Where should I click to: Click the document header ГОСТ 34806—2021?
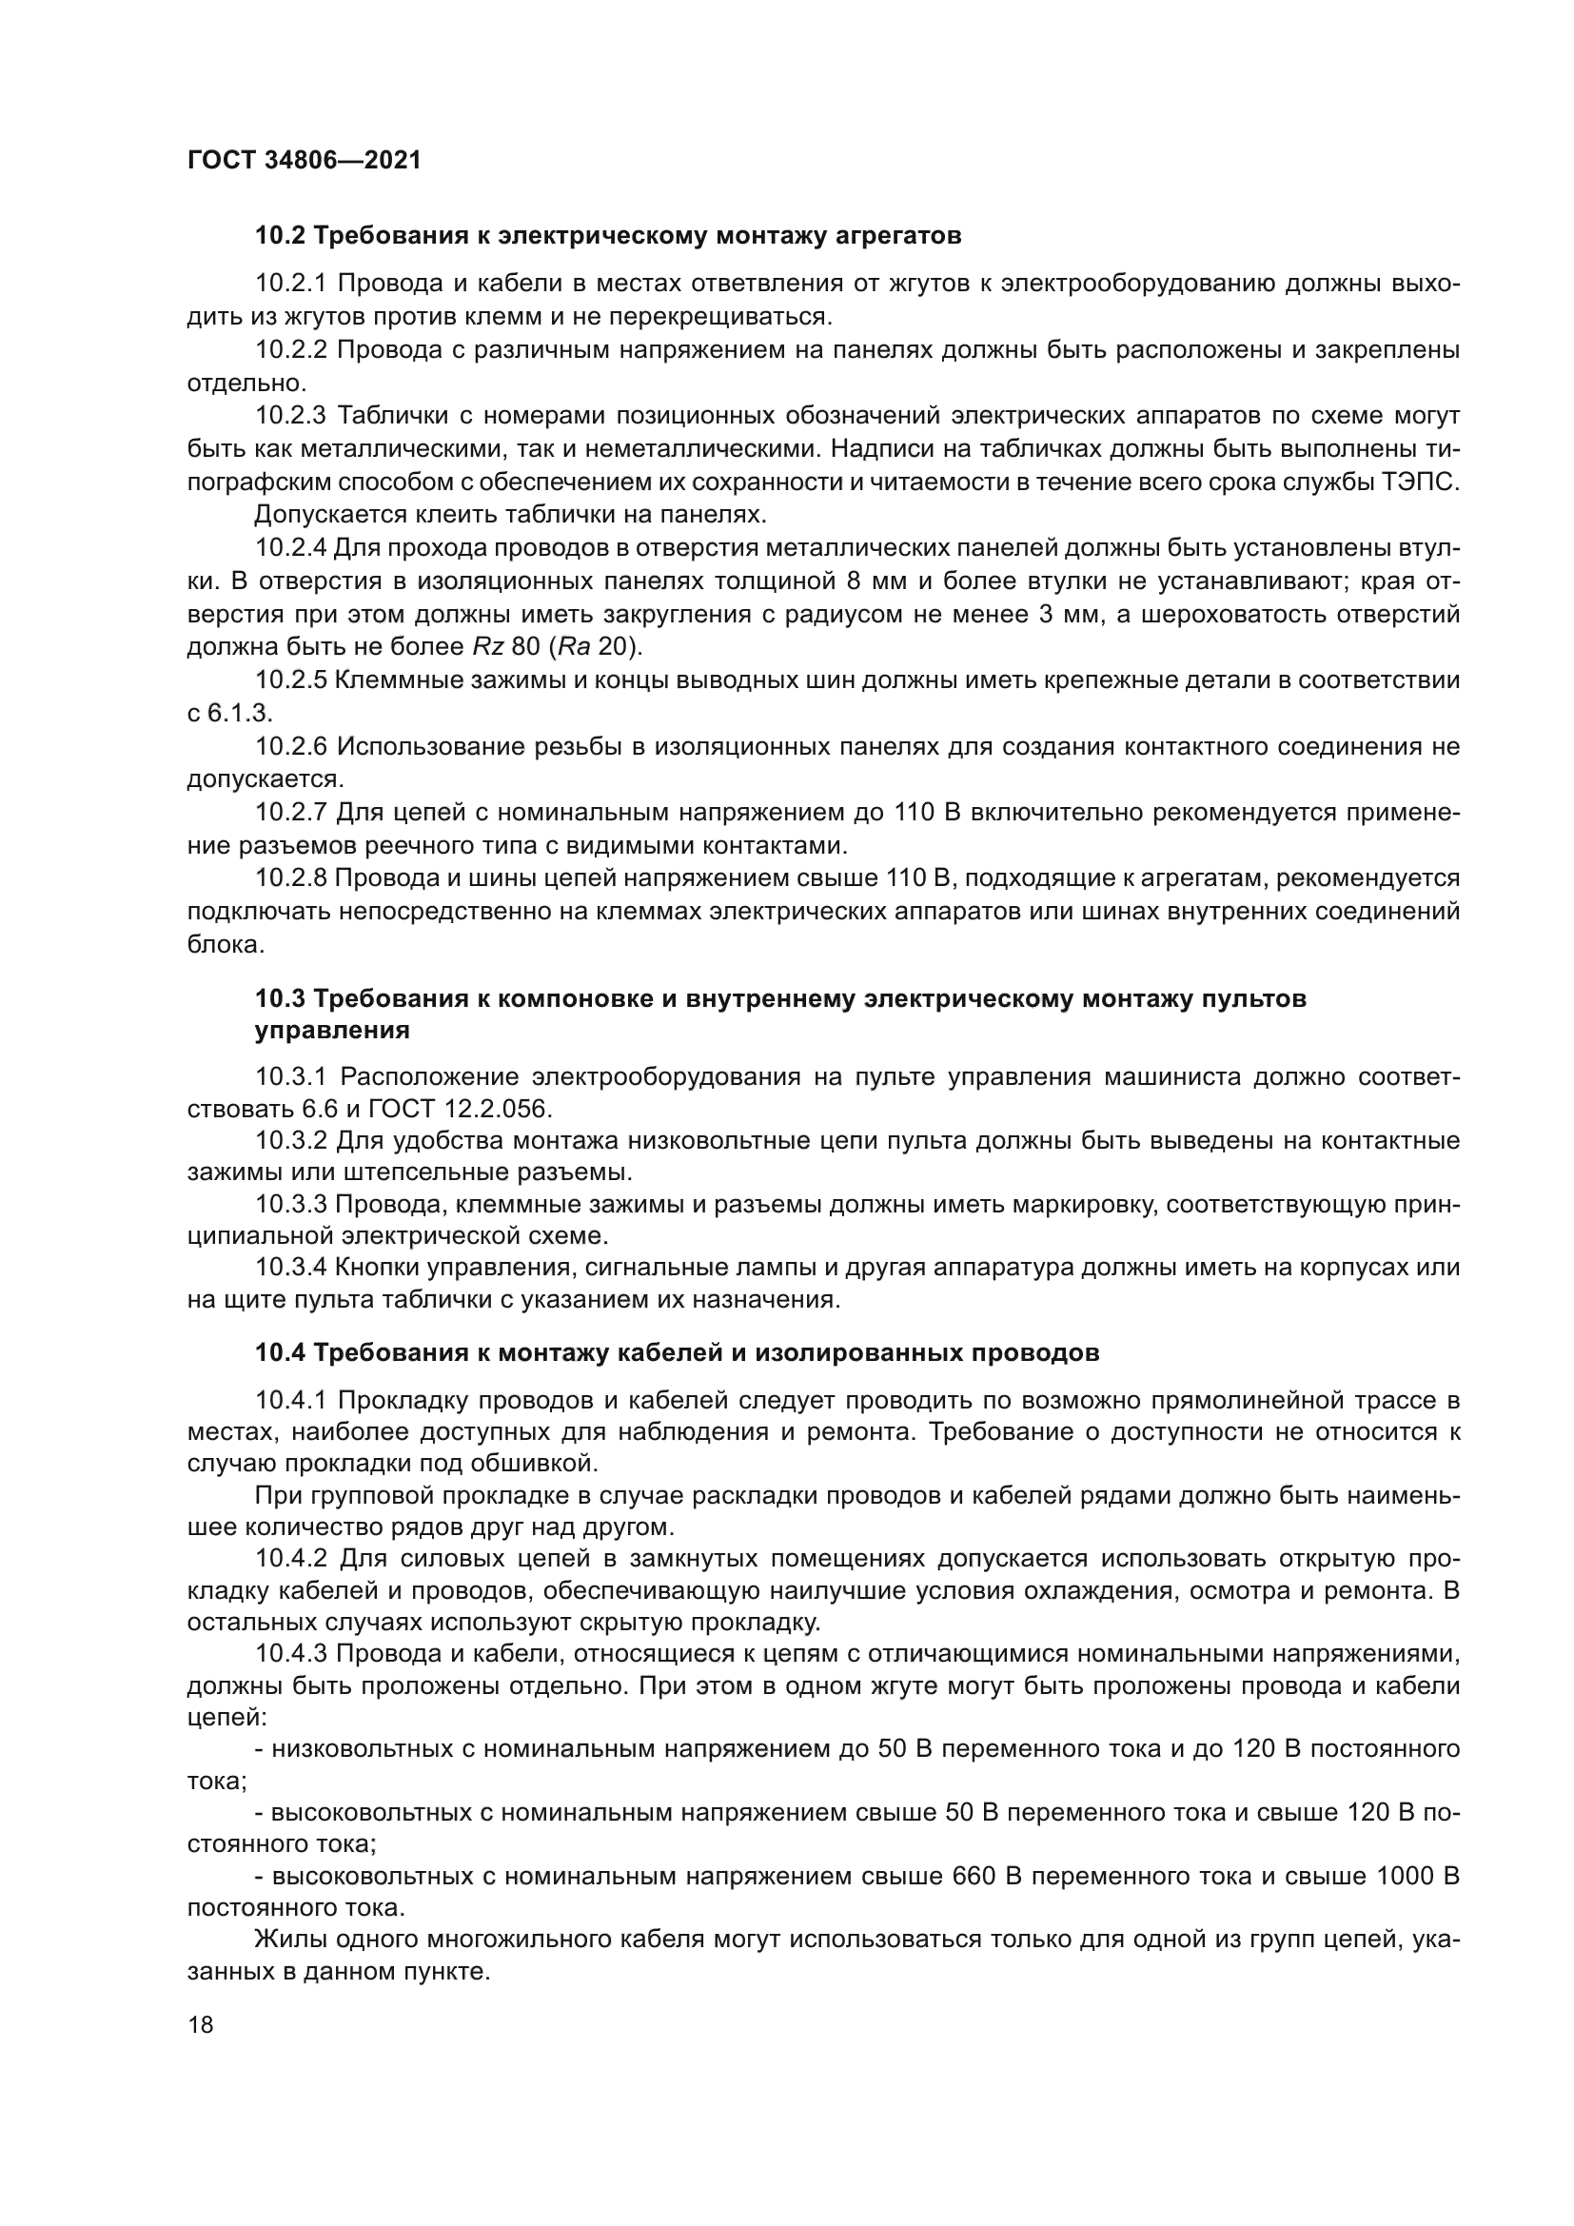[304, 160]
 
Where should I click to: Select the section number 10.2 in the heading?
[280, 236]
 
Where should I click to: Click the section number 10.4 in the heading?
[280, 1352]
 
